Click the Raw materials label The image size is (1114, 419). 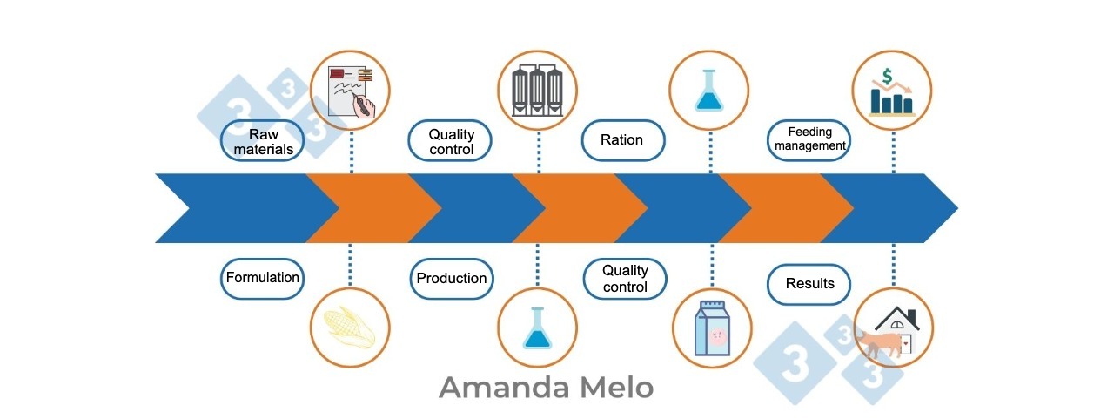(x=262, y=141)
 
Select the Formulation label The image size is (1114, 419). (x=262, y=278)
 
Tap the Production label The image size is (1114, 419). (x=452, y=279)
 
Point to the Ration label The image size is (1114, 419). (x=622, y=140)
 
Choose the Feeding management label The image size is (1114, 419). (x=809, y=140)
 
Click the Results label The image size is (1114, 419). (x=809, y=284)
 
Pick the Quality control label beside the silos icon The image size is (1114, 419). (x=450, y=141)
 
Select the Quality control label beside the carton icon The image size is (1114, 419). (x=625, y=279)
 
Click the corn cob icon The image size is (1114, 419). (x=349, y=327)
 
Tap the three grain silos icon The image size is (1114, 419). (x=537, y=90)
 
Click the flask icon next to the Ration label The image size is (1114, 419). (x=708, y=90)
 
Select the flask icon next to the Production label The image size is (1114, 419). (x=537, y=328)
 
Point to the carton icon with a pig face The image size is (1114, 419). (x=712, y=328)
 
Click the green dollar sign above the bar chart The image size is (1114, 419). (x=887, y=76)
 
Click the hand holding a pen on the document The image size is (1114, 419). (x=365, y=106)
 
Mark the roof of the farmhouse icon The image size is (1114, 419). (x=897, y=318)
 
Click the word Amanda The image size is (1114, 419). (x=504, y=388)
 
